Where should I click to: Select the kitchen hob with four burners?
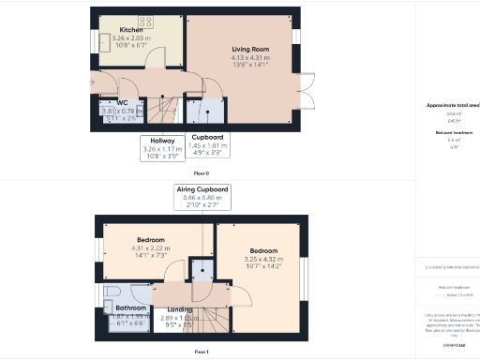click(146, 21)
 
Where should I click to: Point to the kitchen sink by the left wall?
click(102, 41)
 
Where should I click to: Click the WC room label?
click(123, 103)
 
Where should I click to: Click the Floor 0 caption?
click(202, 173)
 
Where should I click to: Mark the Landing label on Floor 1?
click(180, 310)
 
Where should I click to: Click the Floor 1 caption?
click(201, 351)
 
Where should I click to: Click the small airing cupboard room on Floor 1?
click(202, 270)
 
